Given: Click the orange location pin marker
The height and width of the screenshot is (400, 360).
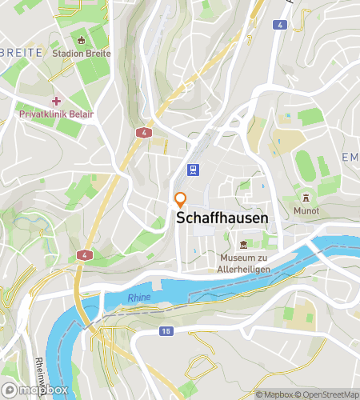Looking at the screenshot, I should pos(180,200).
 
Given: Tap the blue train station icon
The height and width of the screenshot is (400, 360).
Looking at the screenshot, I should pos(193,170).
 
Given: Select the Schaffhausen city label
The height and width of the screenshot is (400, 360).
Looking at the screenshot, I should pos(222,218).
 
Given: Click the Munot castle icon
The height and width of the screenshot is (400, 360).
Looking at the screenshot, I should pos(305,198).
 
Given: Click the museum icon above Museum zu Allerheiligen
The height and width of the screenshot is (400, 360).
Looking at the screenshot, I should pos(244,244).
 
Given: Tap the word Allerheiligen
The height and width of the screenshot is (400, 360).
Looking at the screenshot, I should pos(244,270).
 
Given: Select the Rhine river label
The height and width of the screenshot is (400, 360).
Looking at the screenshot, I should pos(139,298).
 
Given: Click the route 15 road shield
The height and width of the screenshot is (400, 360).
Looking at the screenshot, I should pos(166,330).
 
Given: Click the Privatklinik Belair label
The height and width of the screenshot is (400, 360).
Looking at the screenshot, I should pos(56,114).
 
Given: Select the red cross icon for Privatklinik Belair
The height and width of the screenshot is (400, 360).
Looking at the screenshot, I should pos(56,101).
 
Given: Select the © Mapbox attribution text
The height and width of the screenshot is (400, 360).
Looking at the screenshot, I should pos(274,394).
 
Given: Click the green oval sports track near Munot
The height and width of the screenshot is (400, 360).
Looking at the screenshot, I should pos(305,166).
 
